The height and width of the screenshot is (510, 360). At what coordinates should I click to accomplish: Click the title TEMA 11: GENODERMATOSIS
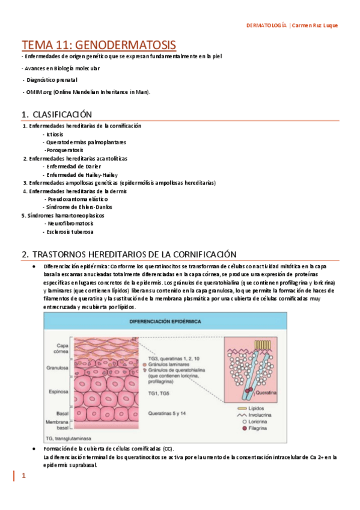99,45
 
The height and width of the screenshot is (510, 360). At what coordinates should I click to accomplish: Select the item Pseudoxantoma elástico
78,198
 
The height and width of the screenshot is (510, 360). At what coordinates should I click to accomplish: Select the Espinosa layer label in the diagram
59,392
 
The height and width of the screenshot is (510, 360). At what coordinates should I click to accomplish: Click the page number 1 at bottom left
24,476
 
